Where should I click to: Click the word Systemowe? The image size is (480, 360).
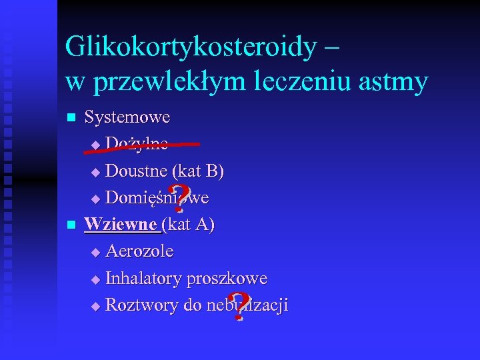click(127, 117)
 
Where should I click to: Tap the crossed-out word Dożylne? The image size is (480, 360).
click(137, 144)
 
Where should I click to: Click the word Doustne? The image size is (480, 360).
click(136, 171)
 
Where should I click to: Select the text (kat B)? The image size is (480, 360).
click(197, 171)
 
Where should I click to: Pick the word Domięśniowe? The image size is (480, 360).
click(157, 198)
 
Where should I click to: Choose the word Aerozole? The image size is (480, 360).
click(139, 251)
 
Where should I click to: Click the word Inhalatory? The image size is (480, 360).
click(145, 278)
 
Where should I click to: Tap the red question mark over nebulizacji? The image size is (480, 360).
click(235, 307)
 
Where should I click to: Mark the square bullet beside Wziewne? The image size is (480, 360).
click(71, 225)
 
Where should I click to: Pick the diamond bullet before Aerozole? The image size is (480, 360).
click(95, 253)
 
